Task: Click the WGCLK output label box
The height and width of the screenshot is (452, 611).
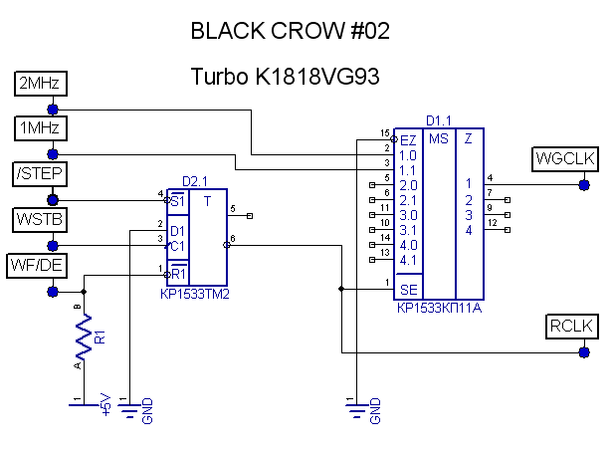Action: click(564, 158)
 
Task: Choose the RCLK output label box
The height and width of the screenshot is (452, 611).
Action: click(571, 327)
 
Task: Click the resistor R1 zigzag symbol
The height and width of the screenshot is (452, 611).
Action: click(85, 339)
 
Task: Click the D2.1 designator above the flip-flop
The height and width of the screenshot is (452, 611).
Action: click(196, 181)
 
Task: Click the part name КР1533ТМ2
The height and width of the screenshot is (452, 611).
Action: click(202, 294)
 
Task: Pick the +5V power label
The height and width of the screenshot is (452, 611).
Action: click(106, 404)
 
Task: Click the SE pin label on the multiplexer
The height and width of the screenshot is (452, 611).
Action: click(408, 289)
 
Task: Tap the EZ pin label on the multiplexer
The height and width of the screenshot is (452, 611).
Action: click(408, 139)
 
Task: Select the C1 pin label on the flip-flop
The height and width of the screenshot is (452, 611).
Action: click(177, 245)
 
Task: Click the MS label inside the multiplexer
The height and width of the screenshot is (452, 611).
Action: click(439, 139)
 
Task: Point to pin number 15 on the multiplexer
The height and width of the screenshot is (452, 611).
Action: click(383, 132)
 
